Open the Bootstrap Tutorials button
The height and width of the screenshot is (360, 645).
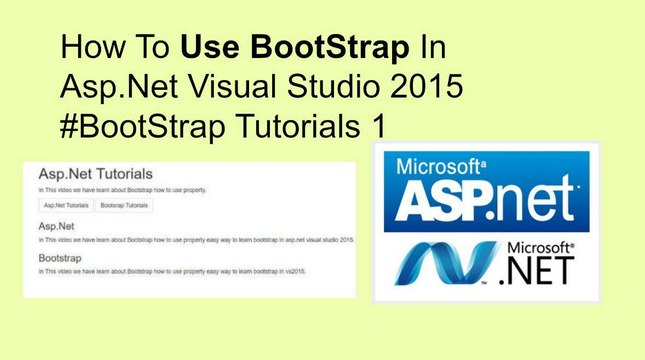125,205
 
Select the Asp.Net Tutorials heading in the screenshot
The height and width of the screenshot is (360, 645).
95,173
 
